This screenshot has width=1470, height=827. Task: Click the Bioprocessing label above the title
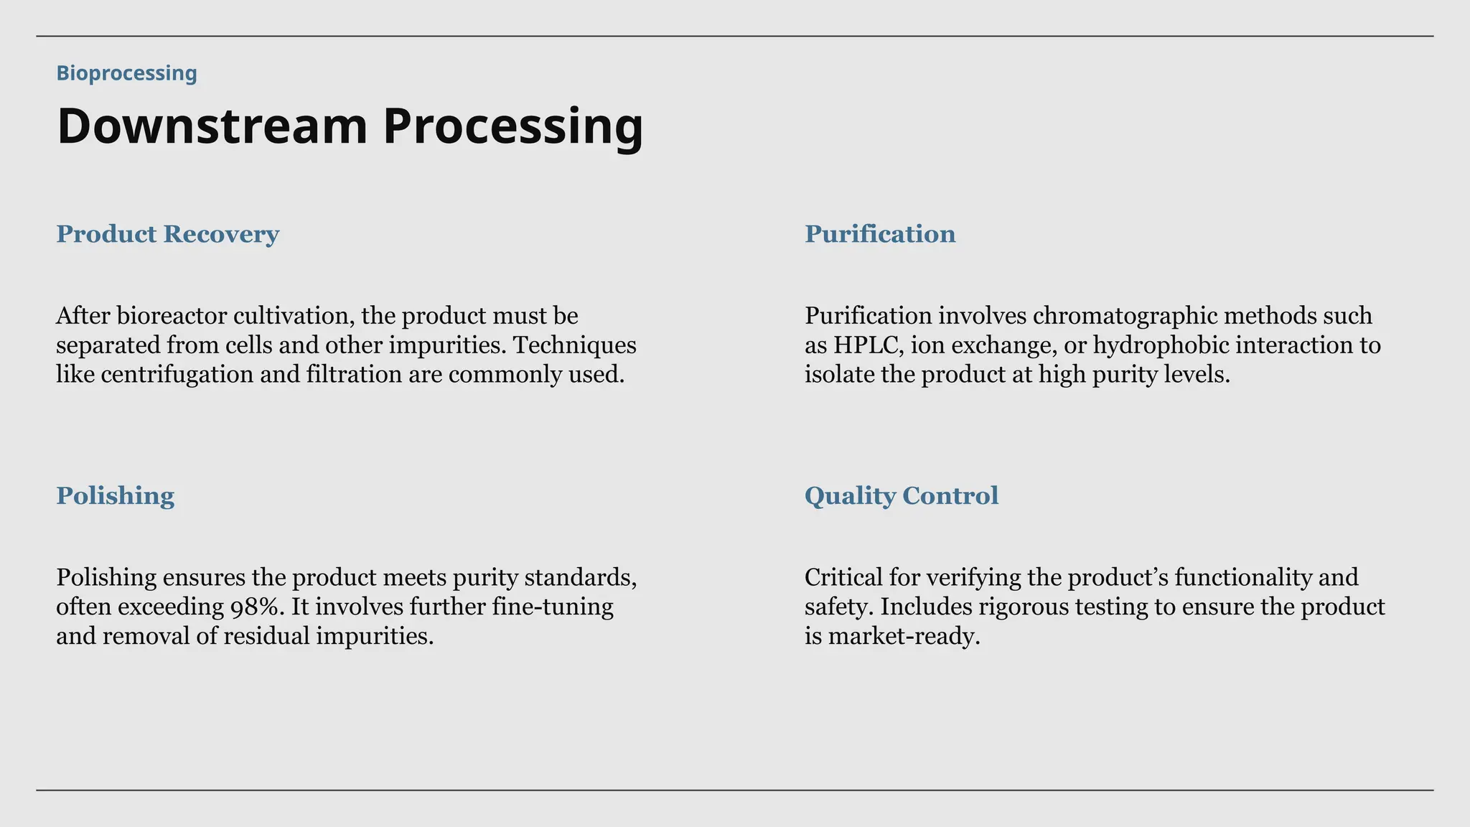[126, 73]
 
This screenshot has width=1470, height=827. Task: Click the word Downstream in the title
[212, 126]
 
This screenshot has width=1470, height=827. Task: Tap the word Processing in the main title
[512, 126]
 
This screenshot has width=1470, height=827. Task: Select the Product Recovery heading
[167, 234]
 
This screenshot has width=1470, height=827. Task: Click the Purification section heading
[879, 234]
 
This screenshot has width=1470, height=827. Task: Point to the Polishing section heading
[115, 496]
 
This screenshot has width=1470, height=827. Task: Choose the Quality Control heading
[901, 496]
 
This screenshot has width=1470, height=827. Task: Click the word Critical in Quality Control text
[843, 578]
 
